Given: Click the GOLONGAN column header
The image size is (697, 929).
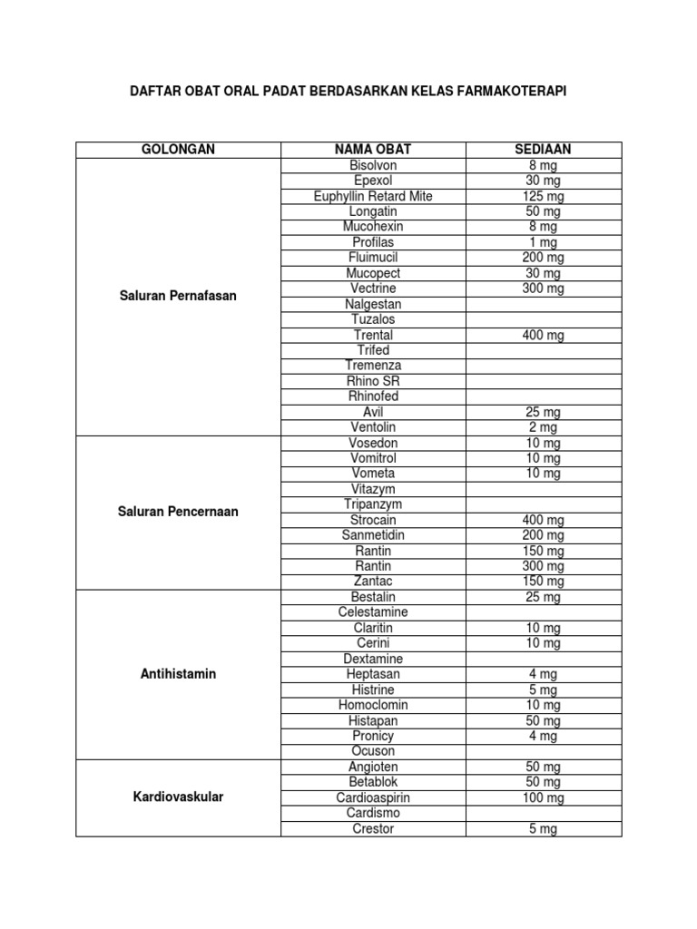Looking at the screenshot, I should tap(178, 150).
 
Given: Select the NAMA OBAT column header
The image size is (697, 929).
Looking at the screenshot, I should tap(373, 150).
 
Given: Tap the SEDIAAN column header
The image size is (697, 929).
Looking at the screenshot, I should tap(543, 150).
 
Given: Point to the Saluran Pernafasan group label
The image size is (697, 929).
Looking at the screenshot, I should tap(178, 296).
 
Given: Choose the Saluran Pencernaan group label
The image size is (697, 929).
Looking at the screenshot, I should tap(178, 512).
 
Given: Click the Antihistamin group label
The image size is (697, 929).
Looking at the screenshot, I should tap(178, 674).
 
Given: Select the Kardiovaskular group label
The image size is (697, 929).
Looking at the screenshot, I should tap(178, 797).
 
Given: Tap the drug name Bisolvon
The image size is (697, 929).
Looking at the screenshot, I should tap(373, 165).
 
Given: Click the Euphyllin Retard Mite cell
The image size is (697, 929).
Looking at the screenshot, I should tap(373, 196).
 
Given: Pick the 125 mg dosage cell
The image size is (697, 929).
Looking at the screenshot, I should tap(543, 196).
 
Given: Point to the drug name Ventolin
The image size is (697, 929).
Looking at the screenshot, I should tap(373, 426).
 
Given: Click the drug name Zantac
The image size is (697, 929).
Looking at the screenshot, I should tap(373, 581).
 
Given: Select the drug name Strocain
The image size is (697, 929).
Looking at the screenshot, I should tap(373, 520).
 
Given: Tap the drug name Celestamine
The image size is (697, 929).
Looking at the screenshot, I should tap(373, 612).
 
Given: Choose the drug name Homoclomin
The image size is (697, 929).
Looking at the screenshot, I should tap(373, 705).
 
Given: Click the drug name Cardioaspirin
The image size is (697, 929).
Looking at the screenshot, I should tap(373, 797).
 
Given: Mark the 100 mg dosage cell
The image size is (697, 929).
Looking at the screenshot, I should tap(543, 797).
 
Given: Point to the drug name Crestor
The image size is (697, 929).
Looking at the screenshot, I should tap(373, 828).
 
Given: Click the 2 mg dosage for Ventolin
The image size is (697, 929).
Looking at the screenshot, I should tap(543, 426).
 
